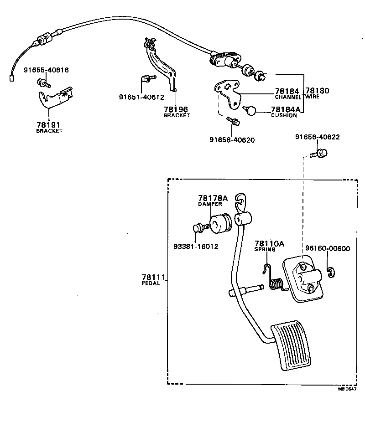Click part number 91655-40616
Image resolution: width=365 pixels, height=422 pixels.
[46, 70]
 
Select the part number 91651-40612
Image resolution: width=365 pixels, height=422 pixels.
[141, 97]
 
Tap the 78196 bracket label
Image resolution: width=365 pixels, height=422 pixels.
[176, 109]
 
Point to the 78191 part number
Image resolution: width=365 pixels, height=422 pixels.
[48, 124]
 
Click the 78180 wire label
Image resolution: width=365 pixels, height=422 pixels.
[317, 91]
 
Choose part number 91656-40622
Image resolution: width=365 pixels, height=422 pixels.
[317, 137]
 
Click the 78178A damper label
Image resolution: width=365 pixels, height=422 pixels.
[213, 198]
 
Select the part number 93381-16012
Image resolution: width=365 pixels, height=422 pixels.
[196, 247]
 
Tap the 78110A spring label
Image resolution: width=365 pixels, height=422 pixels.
[269, 244]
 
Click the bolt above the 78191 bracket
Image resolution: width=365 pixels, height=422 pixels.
[44, 83]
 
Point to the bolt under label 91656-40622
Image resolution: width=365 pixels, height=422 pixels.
[316, 154]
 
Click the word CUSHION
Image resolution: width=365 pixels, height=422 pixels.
[284, 115]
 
